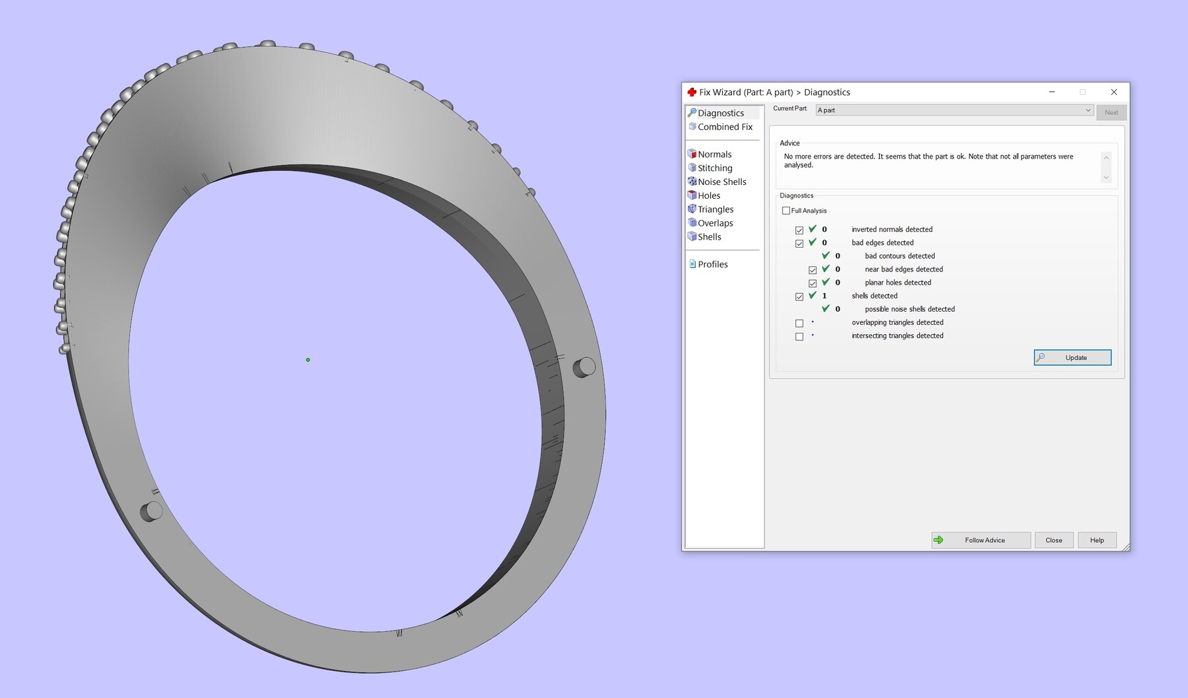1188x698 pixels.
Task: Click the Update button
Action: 1072,357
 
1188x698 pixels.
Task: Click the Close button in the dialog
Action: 1054,540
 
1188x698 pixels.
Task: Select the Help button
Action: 1097,540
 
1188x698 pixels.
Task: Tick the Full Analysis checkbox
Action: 786,211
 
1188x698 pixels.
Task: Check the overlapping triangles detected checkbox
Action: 799,324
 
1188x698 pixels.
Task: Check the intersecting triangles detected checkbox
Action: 799,337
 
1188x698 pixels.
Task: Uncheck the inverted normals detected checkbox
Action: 799,230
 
